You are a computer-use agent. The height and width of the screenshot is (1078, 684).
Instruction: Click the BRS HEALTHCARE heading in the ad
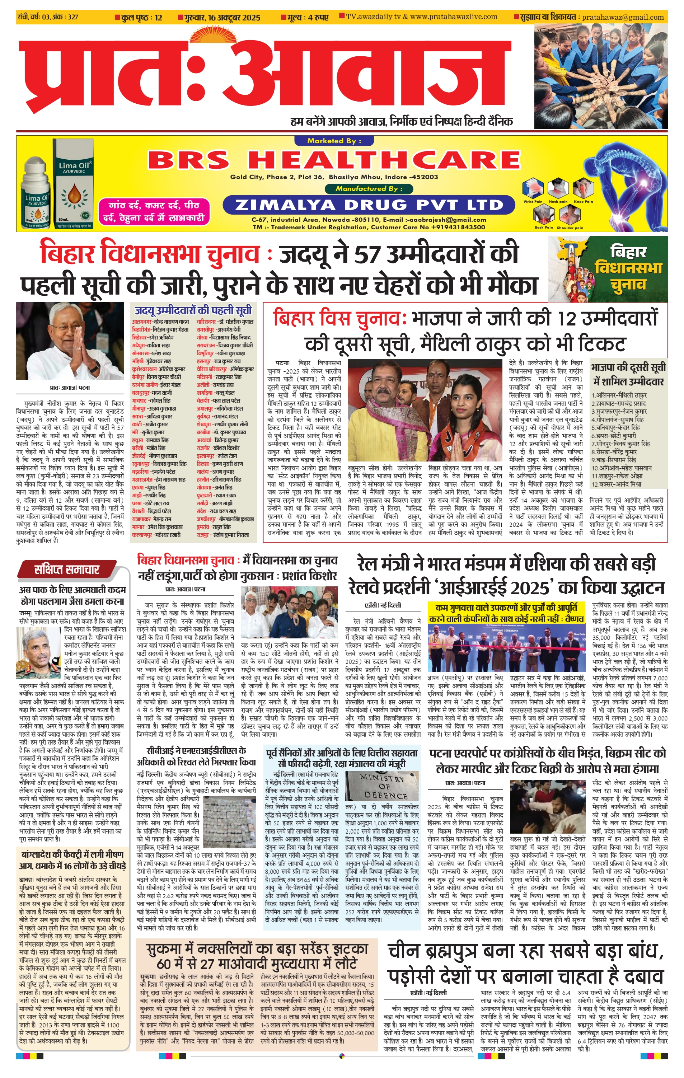coord(333,160)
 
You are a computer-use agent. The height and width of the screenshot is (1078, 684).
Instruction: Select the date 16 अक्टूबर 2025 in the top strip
coord(234,18)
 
